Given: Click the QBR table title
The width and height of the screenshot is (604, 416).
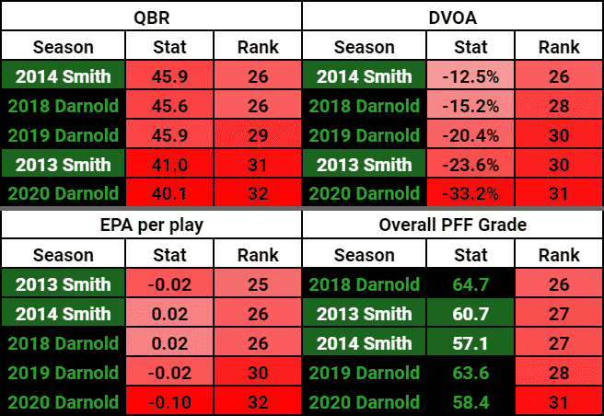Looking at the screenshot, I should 151,16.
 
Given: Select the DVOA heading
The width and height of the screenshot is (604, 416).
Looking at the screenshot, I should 452,16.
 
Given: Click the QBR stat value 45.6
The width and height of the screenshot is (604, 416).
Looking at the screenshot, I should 168,105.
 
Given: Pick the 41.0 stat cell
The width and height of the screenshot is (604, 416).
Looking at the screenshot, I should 168,165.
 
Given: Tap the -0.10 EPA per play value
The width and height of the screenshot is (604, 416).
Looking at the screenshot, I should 168,401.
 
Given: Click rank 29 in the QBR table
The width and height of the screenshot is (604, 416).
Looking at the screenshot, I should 257,135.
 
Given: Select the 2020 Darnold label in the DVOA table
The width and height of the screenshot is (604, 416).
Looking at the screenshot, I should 365,194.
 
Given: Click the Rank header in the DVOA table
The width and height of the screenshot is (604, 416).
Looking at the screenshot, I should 558,46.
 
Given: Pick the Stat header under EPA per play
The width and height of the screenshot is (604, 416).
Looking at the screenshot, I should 168,254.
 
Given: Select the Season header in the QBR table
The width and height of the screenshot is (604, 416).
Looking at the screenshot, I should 64,46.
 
